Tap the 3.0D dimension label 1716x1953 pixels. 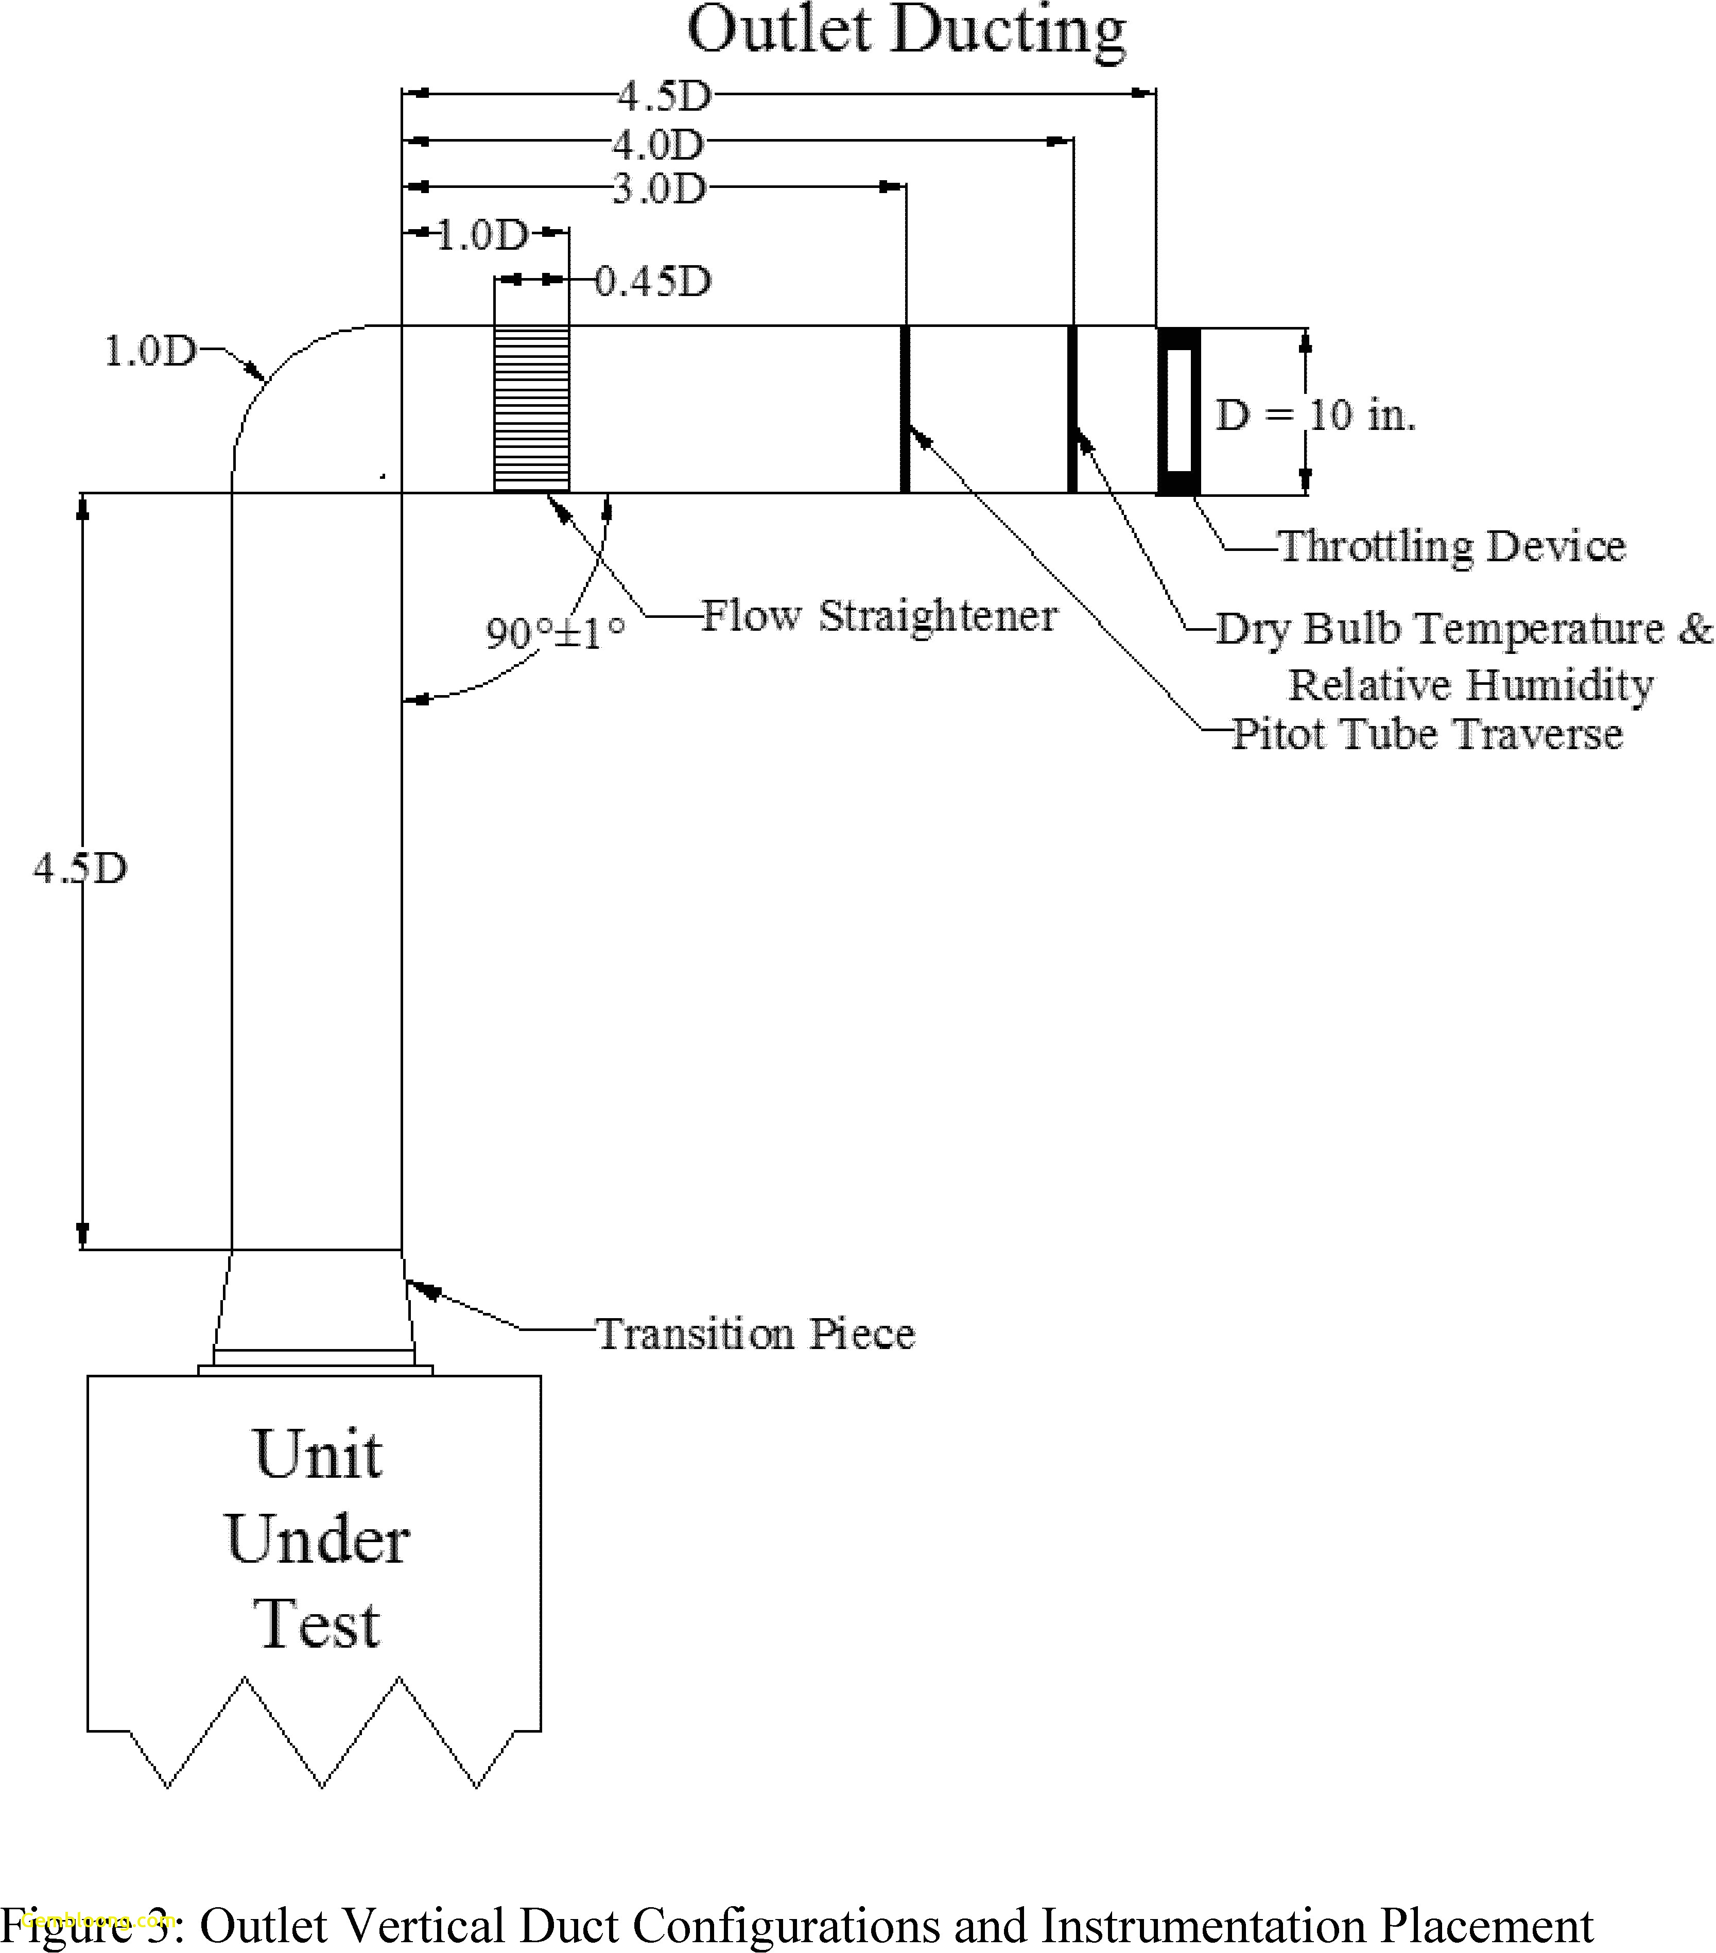point(658,189)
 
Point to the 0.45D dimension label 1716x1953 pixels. point(653,282)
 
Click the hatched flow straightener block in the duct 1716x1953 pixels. point(531,409)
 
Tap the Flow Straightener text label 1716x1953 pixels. point(879,616)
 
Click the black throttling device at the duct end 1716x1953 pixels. point(1178,411)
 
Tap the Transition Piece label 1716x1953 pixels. point(755,1335)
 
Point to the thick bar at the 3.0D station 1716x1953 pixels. point(905,409)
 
